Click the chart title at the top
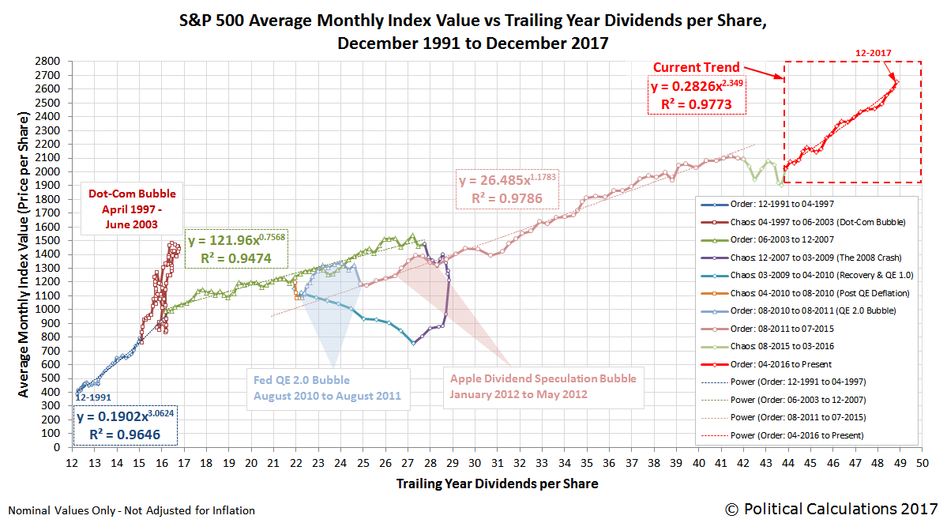473,32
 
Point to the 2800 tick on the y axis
49,61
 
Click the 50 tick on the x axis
921,462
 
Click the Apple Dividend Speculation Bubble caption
543,386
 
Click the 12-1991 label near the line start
94,397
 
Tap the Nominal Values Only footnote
130,511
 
